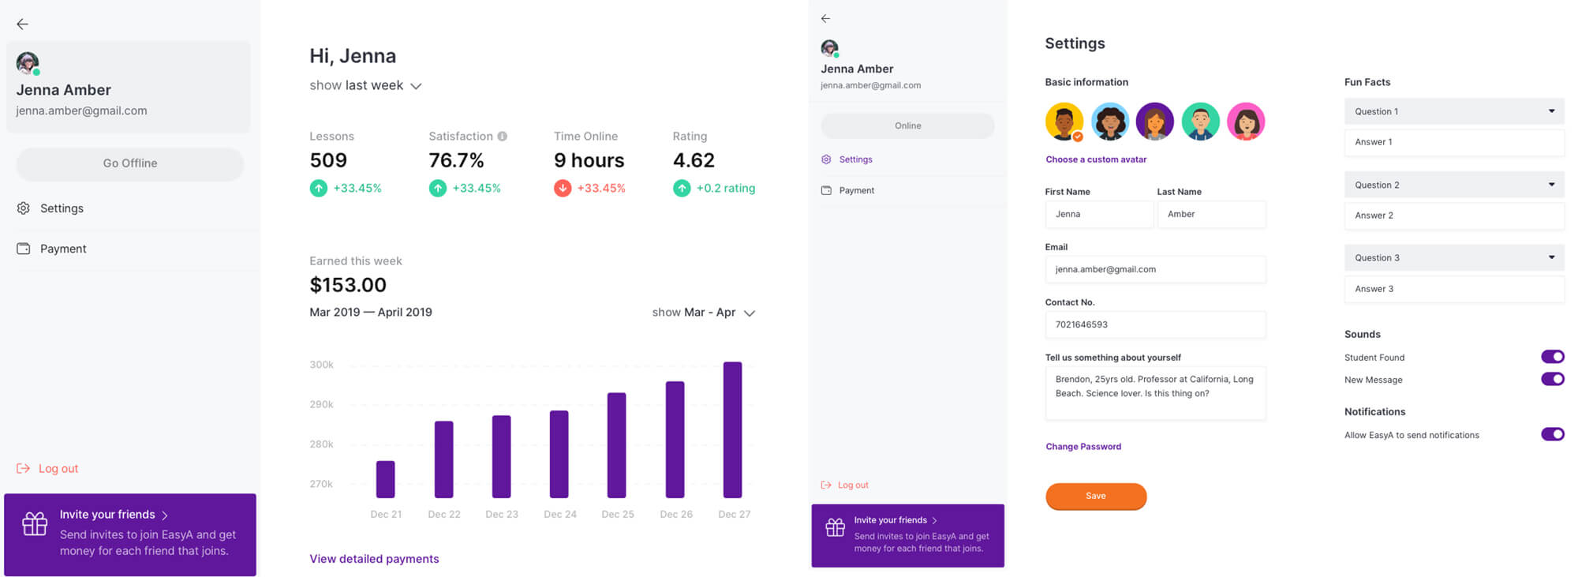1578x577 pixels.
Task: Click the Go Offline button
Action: point(130,163)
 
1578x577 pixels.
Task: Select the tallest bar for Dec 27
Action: point(733,430)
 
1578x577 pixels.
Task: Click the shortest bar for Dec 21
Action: point(385,479)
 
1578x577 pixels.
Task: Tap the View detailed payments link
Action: point(374,559)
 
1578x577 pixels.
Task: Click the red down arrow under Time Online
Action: point(563,189)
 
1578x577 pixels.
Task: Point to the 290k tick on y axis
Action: point(321,404)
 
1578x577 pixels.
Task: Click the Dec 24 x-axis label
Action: point(560,514)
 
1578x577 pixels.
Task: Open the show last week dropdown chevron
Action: point(416,86)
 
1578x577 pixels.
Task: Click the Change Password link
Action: point(1083,447)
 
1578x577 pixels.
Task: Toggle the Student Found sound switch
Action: point(1552,357)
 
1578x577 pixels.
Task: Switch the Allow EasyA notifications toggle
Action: point(1552,434)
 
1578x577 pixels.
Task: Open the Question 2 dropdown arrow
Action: point(1551,185)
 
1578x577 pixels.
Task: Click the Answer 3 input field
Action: point(1453,289)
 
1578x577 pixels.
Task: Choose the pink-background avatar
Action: point(1246,122)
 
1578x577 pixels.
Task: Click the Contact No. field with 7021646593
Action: point(1155,324)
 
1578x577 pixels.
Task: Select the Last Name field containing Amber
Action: point(1211,214)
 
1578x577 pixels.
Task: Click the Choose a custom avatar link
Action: point(1096,159)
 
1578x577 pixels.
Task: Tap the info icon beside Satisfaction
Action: point(503,137)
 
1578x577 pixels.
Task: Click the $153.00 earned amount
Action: point(348,285)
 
